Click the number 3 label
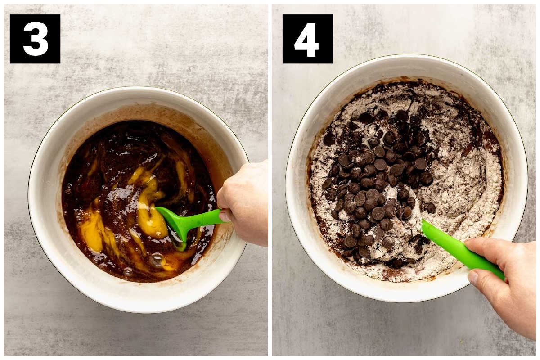pos(36,39)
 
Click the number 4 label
pos(306,40)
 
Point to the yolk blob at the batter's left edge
pos(92,231)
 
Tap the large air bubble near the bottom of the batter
pos(157,260)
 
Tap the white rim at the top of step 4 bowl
pos(407,60)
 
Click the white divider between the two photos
pos(270,180)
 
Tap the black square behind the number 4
pos(308,39)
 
